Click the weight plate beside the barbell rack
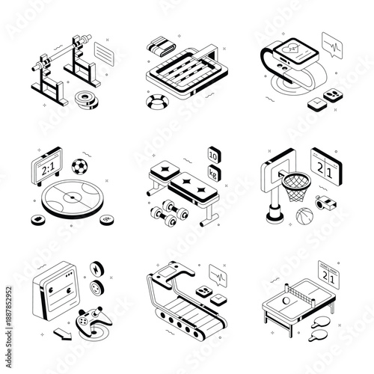pyautogui.click(x=87, y=97)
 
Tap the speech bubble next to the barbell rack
pyautogui.click(x=105, y=52)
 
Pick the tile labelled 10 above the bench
pyautogui.click(x=213, y=155)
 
